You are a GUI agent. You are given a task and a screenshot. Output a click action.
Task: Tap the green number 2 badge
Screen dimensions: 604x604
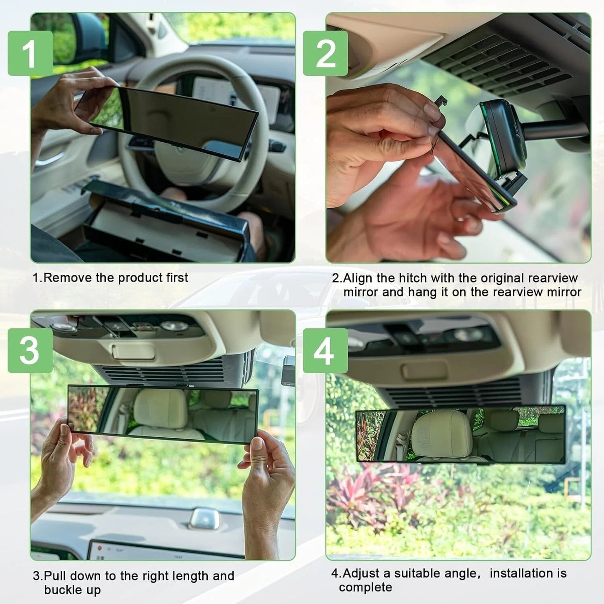tap(325, 53)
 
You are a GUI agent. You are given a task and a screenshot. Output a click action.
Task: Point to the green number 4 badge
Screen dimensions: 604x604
tap(325, 350)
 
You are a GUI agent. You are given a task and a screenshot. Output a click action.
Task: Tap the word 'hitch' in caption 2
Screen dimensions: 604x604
tap(412, 278)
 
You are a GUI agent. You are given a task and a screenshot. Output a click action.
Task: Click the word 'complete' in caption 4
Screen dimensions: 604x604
tap(365, 587)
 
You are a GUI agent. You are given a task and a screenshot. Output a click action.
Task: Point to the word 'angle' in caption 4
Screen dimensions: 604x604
tap(459, 573)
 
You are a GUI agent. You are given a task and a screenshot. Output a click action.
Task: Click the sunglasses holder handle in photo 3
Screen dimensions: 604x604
tap(133, 352)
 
